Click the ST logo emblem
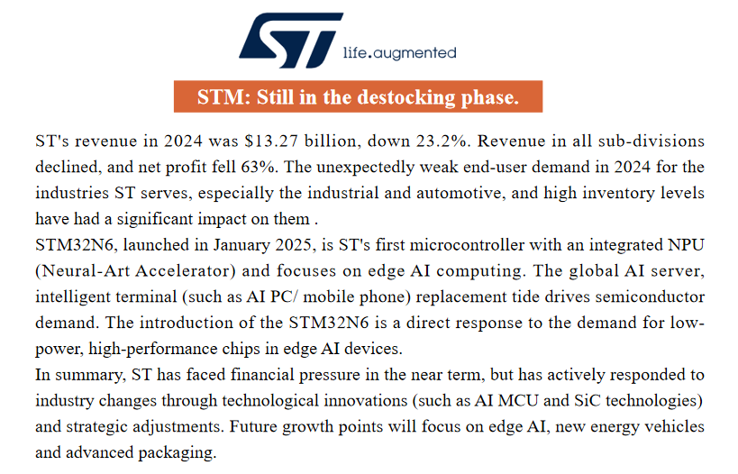point(291,40)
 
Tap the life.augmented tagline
point(399,53)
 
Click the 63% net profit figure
point(258,167)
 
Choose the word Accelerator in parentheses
point(186,271)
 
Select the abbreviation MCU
point(518,401)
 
